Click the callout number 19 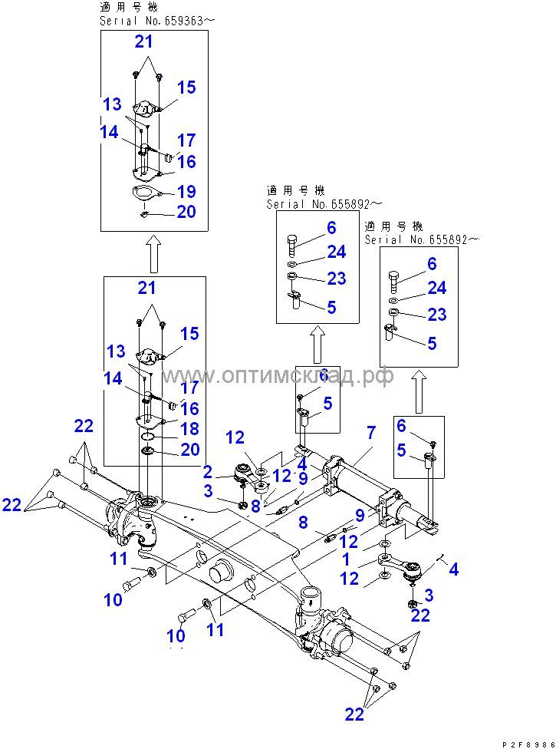coord(186,191)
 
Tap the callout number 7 coord(370,434)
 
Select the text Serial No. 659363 coord(153,21)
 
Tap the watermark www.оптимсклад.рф coord(278,376)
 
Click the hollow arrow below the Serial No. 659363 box coord(153,254)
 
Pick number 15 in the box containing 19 coord(186,87)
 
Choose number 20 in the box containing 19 coord(186,212)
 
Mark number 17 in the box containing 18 coord(189,388)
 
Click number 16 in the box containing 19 coord(186,162)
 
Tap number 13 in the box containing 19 coord(113,104)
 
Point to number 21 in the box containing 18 coord(146,288)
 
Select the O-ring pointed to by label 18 coord(150,436)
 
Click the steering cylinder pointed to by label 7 coord(360,483)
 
